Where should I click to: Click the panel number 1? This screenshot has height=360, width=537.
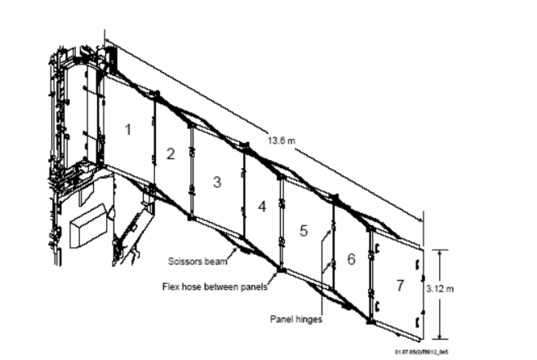pos(127,129)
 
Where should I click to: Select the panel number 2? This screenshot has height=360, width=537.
pos(170,154)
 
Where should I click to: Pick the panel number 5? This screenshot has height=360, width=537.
pos(303,231)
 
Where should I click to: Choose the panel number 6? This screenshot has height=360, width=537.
pos(350,258)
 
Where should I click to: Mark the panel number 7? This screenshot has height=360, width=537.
pos(399,285)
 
